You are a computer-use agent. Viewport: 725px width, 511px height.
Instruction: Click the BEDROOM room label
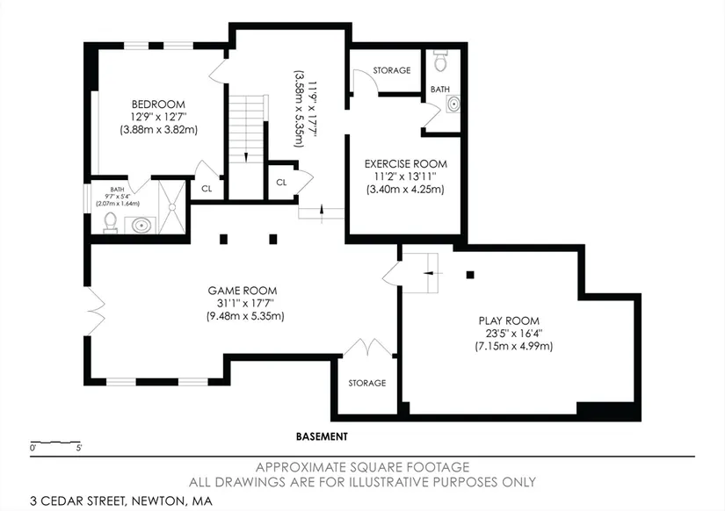pyautogui.click(x=158, y=104)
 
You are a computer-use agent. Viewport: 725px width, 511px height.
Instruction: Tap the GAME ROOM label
pyautogui.click(x=243, y=291)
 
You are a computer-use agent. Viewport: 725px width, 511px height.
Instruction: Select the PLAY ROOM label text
pyautogui.click(x=509, y=320)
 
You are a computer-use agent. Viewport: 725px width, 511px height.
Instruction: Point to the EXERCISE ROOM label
pyautogui.click(x=405, y=164)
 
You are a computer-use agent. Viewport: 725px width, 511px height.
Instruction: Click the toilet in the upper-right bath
pyautogui.click(x=440, y=61)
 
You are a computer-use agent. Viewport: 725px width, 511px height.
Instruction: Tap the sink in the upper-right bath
pyautogui.click(x=453, y=104)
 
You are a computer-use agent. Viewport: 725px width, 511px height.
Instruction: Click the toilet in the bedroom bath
pyautogui.click(x=110, y=222)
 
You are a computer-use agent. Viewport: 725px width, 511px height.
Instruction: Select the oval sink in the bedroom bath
pyautogui.click(x=141, y=226)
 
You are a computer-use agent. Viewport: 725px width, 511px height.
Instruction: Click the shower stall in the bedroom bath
pyautogui.click(x=172, y=207)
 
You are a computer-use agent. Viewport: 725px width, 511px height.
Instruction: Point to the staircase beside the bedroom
pyautogui.click(x=246, y=129)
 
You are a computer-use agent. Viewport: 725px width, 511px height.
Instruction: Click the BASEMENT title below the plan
pyautogui.click(x=322, y=436)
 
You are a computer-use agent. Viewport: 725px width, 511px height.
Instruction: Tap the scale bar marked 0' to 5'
pyautogui.click(x=55, y=443)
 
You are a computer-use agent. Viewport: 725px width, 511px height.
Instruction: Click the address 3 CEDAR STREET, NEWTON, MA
pyautogui.click(x=121, y=500)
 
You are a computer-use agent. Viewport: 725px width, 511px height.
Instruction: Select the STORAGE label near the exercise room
pyautogui.click(x=392, y=70)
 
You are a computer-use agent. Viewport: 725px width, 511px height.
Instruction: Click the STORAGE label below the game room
pyautogui.click(x=367, y=383)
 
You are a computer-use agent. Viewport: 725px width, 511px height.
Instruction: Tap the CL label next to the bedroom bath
pyautogui.click(x=207, y=189)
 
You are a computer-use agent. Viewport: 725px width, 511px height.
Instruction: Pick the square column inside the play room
pyautogui.click(x=470, y=275)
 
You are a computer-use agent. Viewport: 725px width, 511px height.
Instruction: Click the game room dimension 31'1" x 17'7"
pyautogui.click(x=245, y=304)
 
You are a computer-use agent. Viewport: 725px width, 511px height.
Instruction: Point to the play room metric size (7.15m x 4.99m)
pyautogui.click(x=514, y=346)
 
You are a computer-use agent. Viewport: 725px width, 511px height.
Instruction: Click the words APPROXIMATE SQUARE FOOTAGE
pyautogui.click(x=362, y=467)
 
